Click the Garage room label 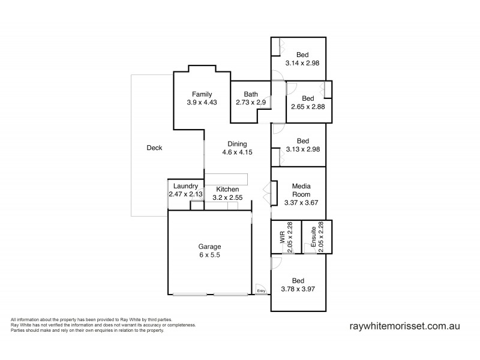[210, 247]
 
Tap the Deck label [154, 148]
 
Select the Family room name [201, 94]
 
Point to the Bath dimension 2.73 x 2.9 [250, 103]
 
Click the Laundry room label [185, 186]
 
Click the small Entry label [261, 291]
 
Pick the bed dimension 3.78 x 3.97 [298, 289]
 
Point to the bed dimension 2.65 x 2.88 [308, 107]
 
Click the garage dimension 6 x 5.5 [210, 255]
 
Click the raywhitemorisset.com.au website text [404, 327]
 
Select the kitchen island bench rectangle [226, 179]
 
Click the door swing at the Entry [259, 287]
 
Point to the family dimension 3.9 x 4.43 [201, 103]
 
